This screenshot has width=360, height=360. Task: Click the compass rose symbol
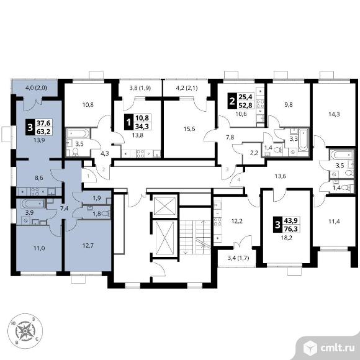(25, 331)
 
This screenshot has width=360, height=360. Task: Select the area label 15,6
(189, 129)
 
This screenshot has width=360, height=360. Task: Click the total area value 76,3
(291, 228)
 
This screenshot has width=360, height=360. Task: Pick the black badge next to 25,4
(232, 101)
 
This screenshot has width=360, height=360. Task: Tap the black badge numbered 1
(128, 122)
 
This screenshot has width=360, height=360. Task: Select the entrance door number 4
(239, 180)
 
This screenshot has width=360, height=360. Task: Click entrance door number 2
(104, 169)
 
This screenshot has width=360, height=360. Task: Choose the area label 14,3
(334, 114)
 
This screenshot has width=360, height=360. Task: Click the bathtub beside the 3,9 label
(33, 204)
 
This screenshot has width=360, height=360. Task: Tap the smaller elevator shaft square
(165, 205)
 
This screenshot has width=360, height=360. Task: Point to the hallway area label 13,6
(281, 176)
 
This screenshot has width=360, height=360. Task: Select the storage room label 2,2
(254, 153)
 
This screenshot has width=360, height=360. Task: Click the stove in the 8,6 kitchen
(35, 192)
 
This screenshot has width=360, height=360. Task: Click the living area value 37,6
(43, 123)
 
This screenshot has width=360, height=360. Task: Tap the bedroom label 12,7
(88, 245)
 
